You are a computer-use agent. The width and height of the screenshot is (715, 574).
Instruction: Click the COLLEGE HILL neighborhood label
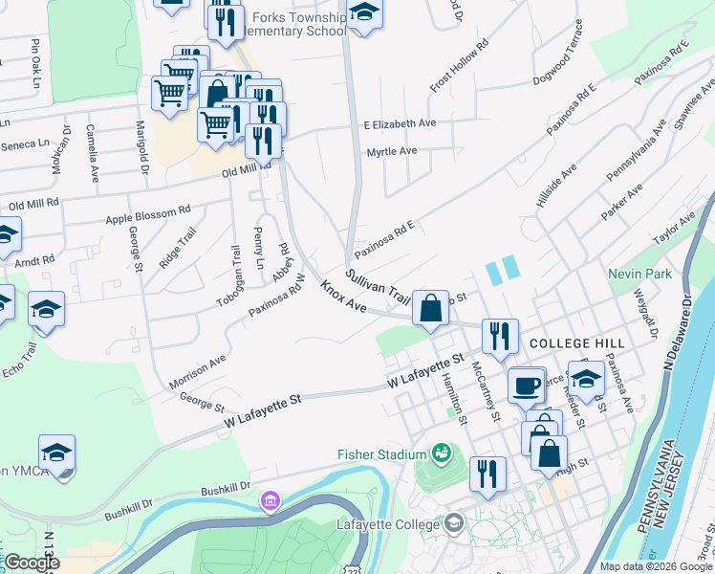coord(576,342)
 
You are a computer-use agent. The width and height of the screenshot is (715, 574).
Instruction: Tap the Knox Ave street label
coord(345,297)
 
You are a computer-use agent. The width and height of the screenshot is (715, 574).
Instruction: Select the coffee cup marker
coord(525,386)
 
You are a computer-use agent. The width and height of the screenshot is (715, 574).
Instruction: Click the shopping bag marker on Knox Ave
coord(431,308)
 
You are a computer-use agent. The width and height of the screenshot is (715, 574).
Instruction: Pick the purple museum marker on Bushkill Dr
coord(271,500)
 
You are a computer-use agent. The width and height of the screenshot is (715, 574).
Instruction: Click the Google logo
coord(31,563)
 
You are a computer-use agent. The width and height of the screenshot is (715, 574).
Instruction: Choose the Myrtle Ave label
coord(392,151)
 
